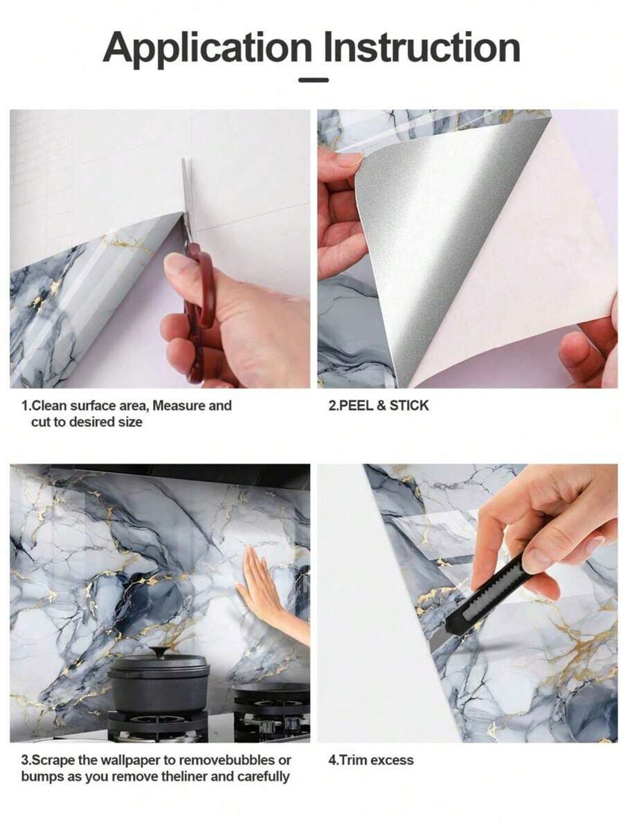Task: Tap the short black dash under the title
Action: (x=313, y=80)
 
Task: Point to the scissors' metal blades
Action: (x=186, y=201)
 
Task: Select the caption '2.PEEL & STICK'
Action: (x=378, y=406)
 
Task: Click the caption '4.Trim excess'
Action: (x=370, y=760)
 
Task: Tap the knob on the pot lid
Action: (x=159, y=651)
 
